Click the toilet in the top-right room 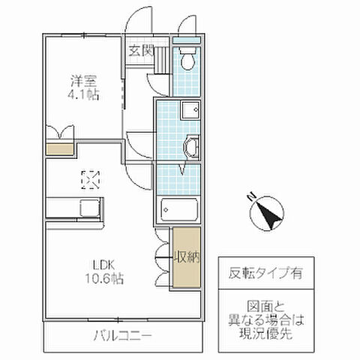[188, 58]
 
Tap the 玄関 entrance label [140, 52]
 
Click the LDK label [103, 264]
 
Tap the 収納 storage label [187, 258]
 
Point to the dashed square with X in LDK [90, 179]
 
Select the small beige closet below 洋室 [60, 148]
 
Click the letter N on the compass [251, 199]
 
